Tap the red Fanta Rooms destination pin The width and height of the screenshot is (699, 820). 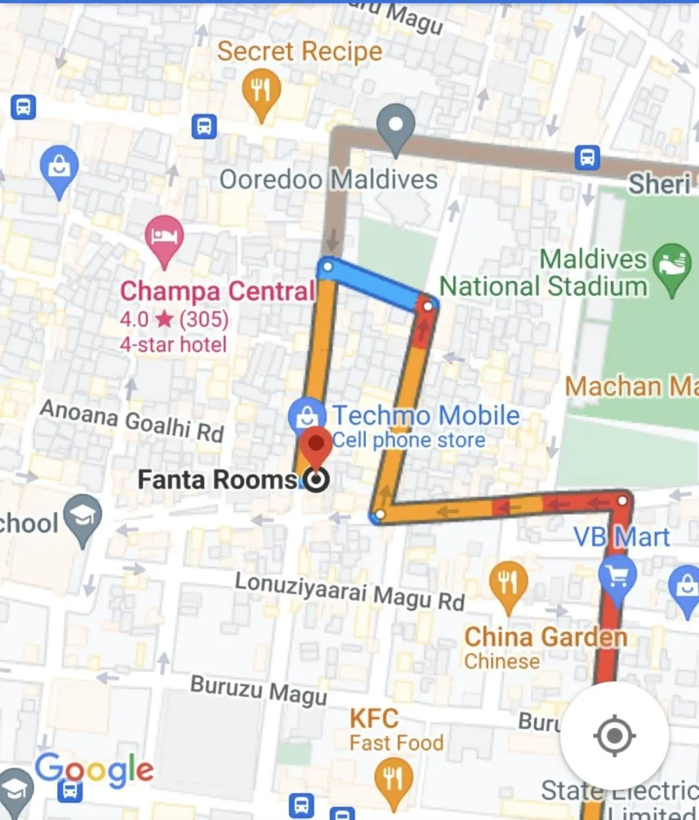pos(316,446)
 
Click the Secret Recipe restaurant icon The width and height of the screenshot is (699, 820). pos(261,91)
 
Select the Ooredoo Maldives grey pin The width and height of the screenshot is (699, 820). pos(396,126)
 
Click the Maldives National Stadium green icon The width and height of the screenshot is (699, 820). pos(672,266)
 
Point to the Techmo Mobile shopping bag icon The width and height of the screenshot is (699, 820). pos(306,416)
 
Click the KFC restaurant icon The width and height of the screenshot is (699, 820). pos(392,779)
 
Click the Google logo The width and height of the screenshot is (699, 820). pos(95,771)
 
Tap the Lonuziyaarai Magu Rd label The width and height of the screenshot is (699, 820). pos(349,591)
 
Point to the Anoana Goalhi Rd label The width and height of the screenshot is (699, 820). pos(132,420)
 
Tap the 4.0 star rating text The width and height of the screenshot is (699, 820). pos(174,319)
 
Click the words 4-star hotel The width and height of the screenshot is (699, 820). pos(173,345)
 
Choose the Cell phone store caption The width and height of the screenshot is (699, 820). pos(409,440)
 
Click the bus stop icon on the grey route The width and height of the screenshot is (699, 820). pos(587,157)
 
